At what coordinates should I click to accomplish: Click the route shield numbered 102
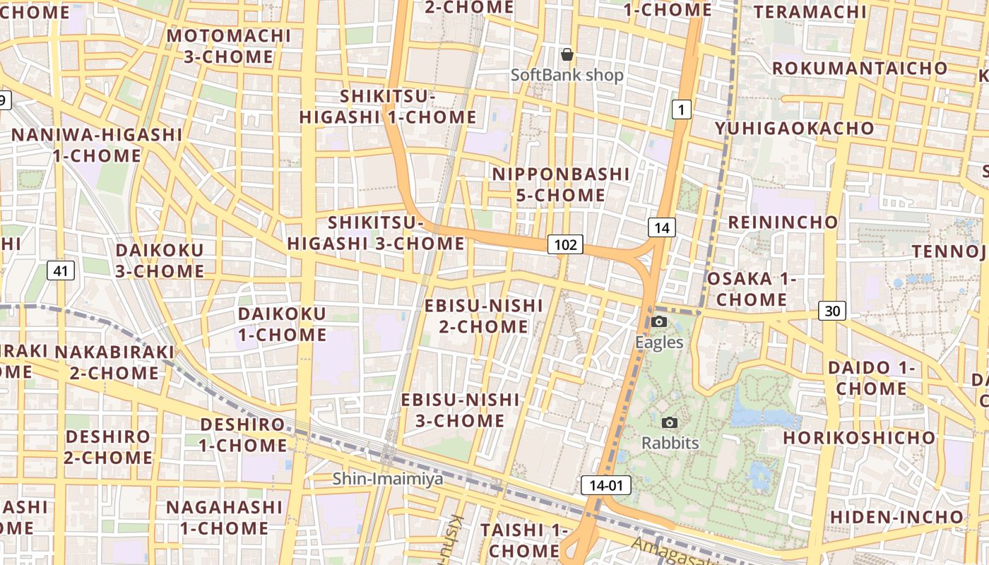tap(565, 245)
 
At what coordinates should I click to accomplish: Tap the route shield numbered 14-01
tap(605, 485)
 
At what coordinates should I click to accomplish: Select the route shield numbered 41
tap(61, 270)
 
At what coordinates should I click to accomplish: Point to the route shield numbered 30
tap(833, 311)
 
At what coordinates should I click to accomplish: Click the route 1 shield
tap(680, 109)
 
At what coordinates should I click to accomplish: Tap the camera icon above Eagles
tap(659, 322)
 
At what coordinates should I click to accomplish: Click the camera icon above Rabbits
tap(670, 422)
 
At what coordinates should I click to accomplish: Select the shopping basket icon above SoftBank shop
tap(567, 54)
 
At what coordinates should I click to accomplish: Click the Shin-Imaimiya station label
tap(388, 479)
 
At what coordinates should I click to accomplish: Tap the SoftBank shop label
tap(567, 75)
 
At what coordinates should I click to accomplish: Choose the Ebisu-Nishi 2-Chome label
tap(483, 316)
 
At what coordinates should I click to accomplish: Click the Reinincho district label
tap(783, 222)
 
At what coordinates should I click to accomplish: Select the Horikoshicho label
tap(859, 438)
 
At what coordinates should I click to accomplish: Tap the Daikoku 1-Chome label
tap(282, 324)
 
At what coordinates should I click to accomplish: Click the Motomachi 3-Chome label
tap(229, 46)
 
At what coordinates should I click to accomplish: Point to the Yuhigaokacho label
tap(794, 129)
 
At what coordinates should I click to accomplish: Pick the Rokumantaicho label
tap(860, 69)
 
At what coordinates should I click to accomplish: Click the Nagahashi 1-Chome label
tap(224, 518)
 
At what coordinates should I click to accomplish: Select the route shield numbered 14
tap(661, 227)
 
